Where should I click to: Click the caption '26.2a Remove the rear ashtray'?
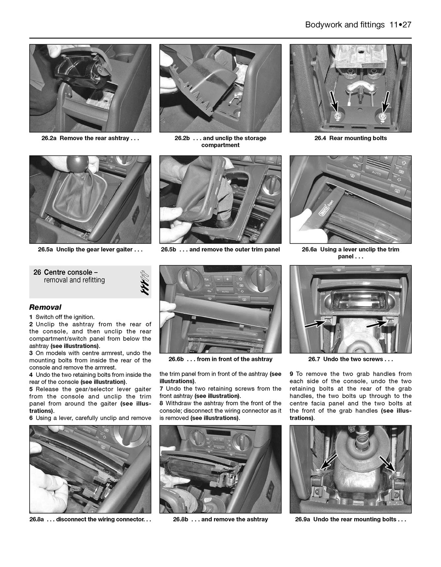pos(90,138)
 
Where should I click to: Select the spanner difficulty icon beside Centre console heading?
pos(144,282)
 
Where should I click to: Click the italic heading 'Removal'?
pos(45,307)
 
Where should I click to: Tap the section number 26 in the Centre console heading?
pos(37,272)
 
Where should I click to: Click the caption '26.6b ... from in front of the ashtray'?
pos(220,359)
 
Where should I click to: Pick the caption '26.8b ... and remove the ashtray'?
pos(220,519)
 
